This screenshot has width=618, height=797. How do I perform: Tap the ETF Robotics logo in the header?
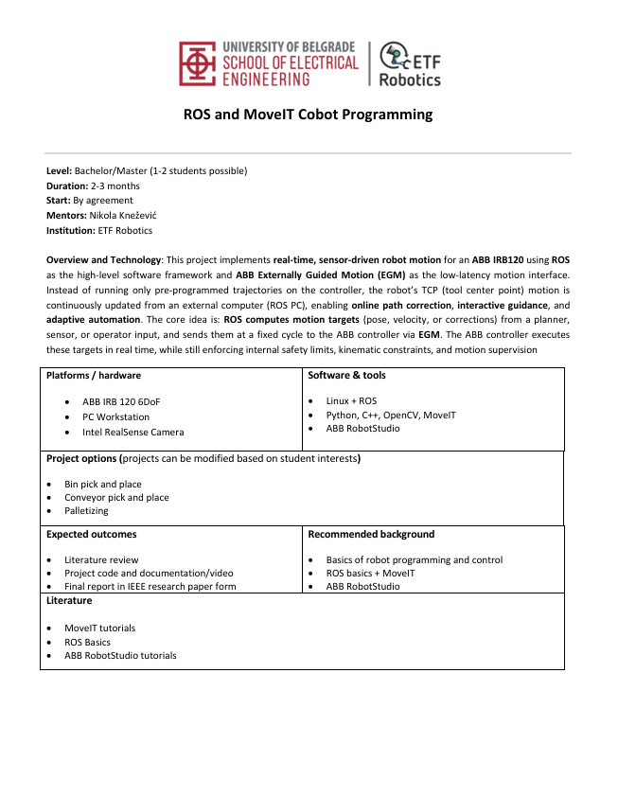pyautogui.click(x=409, y=64)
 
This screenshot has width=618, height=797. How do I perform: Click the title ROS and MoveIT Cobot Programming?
pyautogui.click(x=308, y=115)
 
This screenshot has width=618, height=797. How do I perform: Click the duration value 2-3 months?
pyautogui.click(x=115, y=186)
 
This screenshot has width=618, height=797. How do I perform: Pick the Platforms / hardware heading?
pyautogui.click(x=94, y=376)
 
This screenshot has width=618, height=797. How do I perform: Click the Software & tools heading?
pyautogui.click(x=347, y=376)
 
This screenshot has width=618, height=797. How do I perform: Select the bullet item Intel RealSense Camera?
pyautogui.click(x=133, y=432)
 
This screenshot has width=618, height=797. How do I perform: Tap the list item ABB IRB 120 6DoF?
pyautogui.click(x=121, y=401)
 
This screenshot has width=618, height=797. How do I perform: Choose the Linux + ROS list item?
pyautogui.click(x=351, y=401)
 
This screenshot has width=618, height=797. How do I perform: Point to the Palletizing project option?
pyautogui.click(x=86, y=510)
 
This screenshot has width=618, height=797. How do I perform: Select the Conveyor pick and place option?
pyautogui.click(x=116, y=497)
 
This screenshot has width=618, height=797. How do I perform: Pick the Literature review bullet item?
pyautogui.click(x=101, y=559)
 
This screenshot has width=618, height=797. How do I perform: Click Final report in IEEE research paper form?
pyautogui.click(x=150, y=586)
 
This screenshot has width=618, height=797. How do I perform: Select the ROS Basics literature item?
pyautogui.click(x=87, y=642)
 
